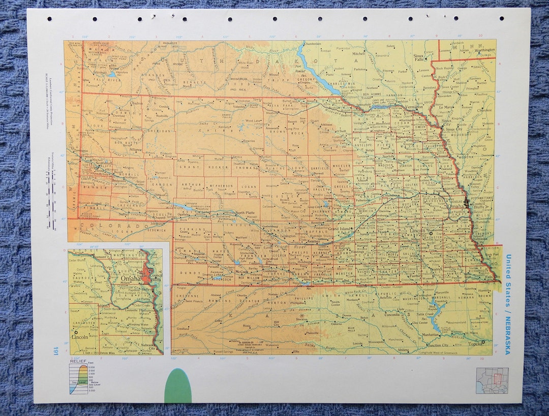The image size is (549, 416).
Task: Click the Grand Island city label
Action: click(339, 229)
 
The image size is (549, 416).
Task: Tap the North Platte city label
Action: click(244, 213)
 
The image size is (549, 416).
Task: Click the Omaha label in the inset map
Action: click(131, 278)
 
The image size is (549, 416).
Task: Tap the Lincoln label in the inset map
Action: click(80, 337)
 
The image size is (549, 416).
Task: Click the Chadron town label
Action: click(136, 103)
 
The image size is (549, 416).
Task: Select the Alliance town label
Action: click(135, 150)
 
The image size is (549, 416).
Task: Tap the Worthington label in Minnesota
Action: click(484, 50)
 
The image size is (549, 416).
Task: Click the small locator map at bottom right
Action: click(492, 380)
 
